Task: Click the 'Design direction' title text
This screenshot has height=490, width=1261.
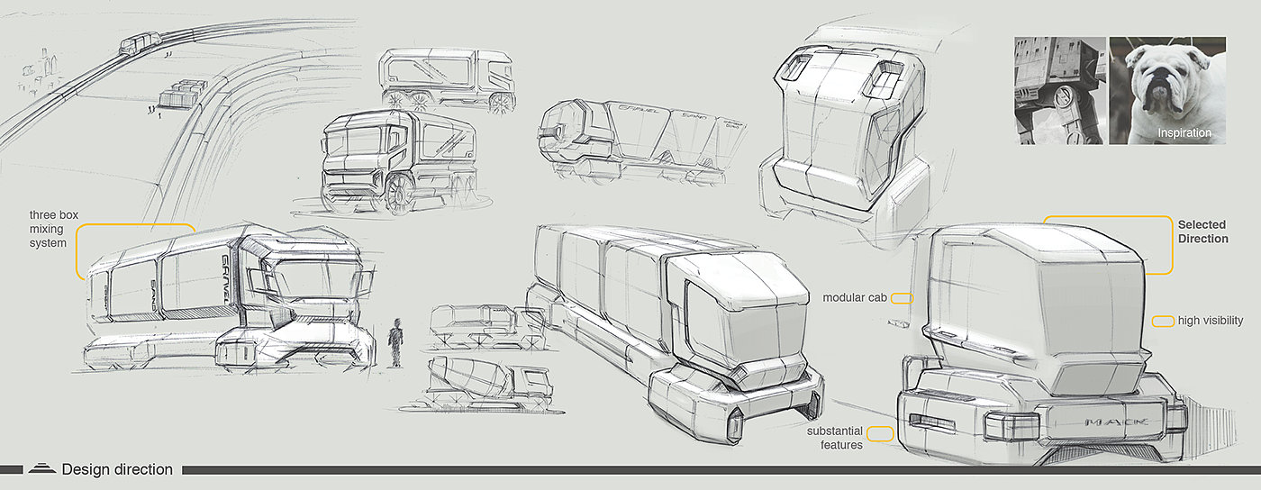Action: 117,469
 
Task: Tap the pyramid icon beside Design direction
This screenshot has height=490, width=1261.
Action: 41,467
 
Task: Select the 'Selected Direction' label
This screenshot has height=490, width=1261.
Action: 1202,231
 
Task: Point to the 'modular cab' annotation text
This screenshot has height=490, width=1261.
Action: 854,297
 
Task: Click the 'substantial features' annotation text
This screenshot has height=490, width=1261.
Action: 835,438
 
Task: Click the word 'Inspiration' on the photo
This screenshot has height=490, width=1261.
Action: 1184,133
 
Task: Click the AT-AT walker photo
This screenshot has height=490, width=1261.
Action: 1059,90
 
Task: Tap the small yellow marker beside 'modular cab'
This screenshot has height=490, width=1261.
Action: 902,298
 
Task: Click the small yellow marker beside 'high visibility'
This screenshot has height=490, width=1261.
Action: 1163,321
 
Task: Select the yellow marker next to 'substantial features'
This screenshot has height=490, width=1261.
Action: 881,433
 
